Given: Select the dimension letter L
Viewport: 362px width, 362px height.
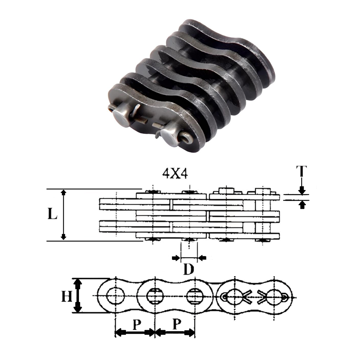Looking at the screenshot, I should [x=53, y=214].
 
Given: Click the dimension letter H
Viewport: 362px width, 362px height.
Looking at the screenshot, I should [x=66, y=296].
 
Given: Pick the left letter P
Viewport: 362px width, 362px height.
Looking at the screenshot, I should [x=136, y=325].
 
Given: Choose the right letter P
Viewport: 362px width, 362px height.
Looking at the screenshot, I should [x=176, y=325].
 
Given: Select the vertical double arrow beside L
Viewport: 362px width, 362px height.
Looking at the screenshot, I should [x=64, y=215].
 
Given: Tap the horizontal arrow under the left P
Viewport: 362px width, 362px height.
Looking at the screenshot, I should [x=135, y=332].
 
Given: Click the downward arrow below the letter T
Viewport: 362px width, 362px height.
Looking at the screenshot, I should [x=302, y=190].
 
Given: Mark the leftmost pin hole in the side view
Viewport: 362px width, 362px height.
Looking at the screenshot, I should [x=115, y=296].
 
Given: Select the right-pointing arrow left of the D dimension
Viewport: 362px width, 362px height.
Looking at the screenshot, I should [x=176, y=258].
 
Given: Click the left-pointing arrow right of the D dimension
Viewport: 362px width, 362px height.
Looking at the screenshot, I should [x=202, y=258].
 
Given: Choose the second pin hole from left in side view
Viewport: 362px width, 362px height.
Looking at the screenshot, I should [x=155, y=296].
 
